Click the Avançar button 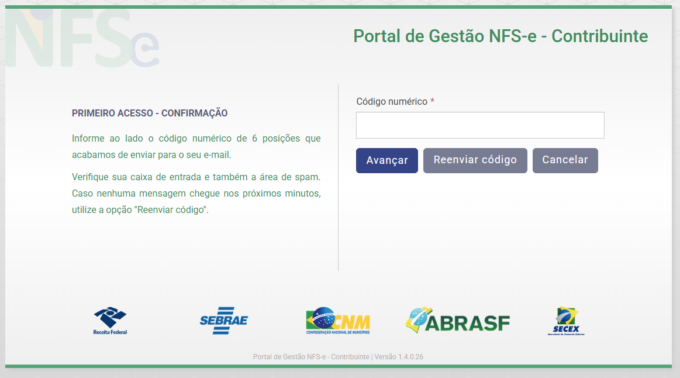(x=387, y=160)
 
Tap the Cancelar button (x=565, y=160)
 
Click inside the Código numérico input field (x=480, y=125)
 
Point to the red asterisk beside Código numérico (x=432, y=101)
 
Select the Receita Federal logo (x=110, y=321)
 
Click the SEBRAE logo (x=224, y=321)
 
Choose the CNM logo (x=338, y=321)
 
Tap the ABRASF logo (x=458, y=320)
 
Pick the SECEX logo (x=567, y=321)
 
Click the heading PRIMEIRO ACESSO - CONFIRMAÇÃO (x=150, y=114)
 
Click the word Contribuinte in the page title (x=600, y=36)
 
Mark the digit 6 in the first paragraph (x=254, y=139)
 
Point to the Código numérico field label (x=392, y=102)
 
